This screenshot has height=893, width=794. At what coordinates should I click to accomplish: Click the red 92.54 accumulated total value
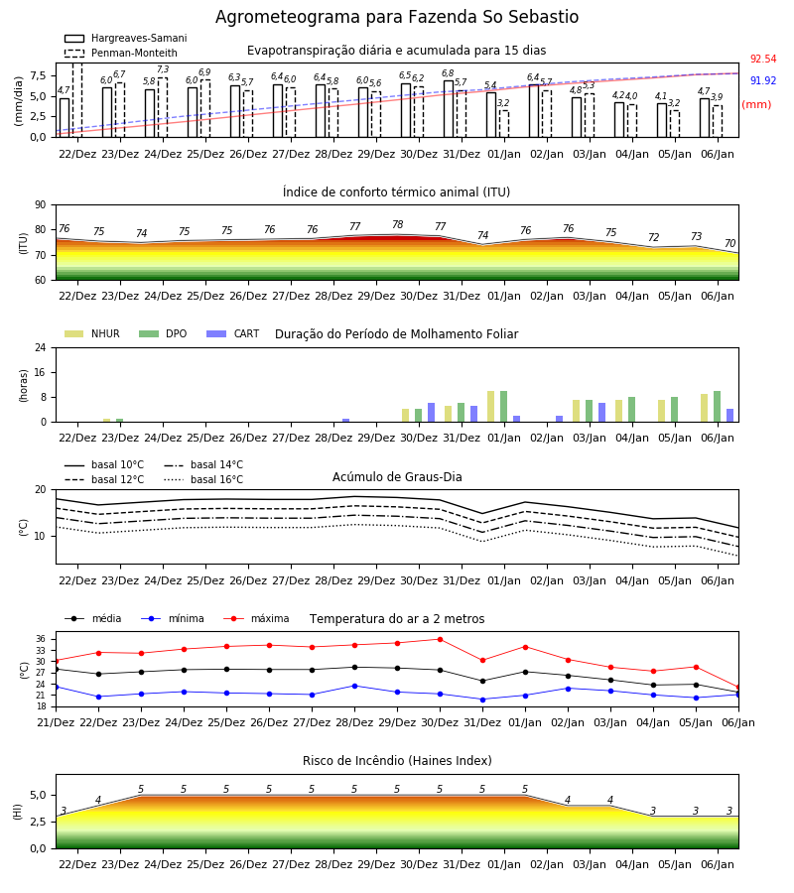coord(762,60)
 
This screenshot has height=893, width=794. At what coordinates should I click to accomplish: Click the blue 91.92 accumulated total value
coord(762,81)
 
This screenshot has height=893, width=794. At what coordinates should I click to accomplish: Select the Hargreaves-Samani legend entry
coord(126,38)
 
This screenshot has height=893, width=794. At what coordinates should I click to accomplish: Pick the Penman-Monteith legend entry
coord(121,53)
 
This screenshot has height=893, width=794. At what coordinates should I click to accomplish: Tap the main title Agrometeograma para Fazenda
coord(347,17)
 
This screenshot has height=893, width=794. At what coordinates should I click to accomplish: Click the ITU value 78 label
coord(398,225)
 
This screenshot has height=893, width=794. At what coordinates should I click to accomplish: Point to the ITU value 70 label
coord(729,243)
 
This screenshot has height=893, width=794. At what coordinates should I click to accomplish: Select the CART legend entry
coord(233,333)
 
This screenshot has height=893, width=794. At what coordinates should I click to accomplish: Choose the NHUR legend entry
coord(92,333)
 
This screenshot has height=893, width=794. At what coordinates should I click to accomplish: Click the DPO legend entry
coord(163,333)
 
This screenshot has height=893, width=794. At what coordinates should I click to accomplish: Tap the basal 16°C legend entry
coord(203,479)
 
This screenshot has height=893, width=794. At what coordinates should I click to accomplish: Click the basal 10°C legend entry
coord(104,464)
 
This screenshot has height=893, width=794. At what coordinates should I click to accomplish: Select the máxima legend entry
coord(256,618)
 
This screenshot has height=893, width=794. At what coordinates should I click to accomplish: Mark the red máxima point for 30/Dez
coord(440,640)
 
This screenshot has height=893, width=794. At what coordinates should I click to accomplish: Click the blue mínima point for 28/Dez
coord(355,686)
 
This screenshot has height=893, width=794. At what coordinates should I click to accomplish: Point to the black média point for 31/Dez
coord(483,681)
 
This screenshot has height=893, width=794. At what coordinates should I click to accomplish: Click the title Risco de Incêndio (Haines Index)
coord(397,761)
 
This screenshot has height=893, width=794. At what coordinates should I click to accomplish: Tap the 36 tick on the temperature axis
coord(41,640)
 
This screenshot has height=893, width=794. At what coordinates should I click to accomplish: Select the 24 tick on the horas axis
coord(41,348)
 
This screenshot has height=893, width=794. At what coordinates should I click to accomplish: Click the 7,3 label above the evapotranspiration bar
coord(163,69)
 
